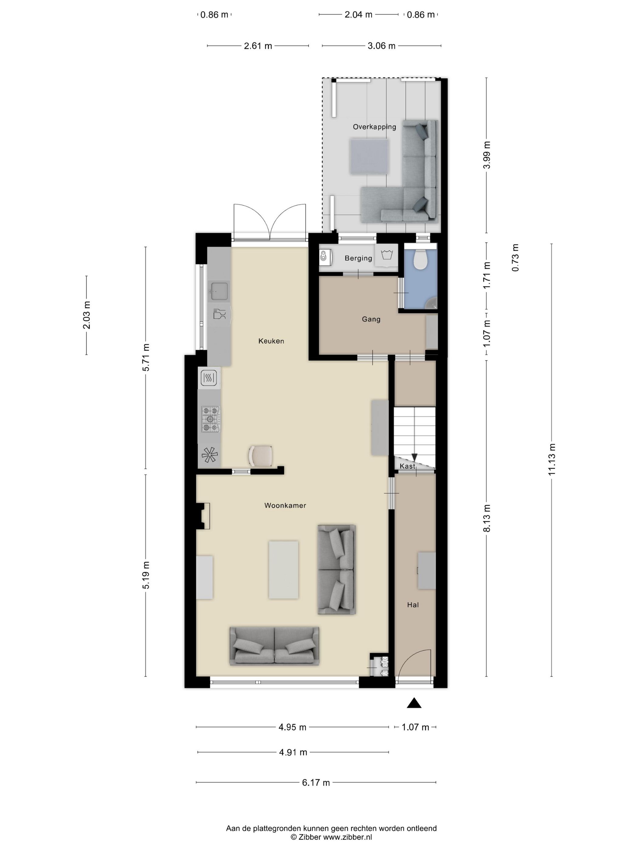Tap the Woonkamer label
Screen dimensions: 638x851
(285, 505)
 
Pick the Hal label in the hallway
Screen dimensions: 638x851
(413, 605)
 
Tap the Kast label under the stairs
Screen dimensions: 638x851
(407, 466)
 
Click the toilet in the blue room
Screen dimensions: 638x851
(420, 259)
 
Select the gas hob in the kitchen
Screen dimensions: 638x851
(210, 419)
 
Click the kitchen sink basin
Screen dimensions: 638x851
(219, 291)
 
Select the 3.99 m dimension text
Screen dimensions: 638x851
(487, 155)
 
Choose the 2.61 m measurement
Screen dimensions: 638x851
(258, 46)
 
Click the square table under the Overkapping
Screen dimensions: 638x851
(369, 157)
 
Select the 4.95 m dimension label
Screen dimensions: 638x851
(292, 727)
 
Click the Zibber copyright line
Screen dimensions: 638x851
(331, 837)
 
